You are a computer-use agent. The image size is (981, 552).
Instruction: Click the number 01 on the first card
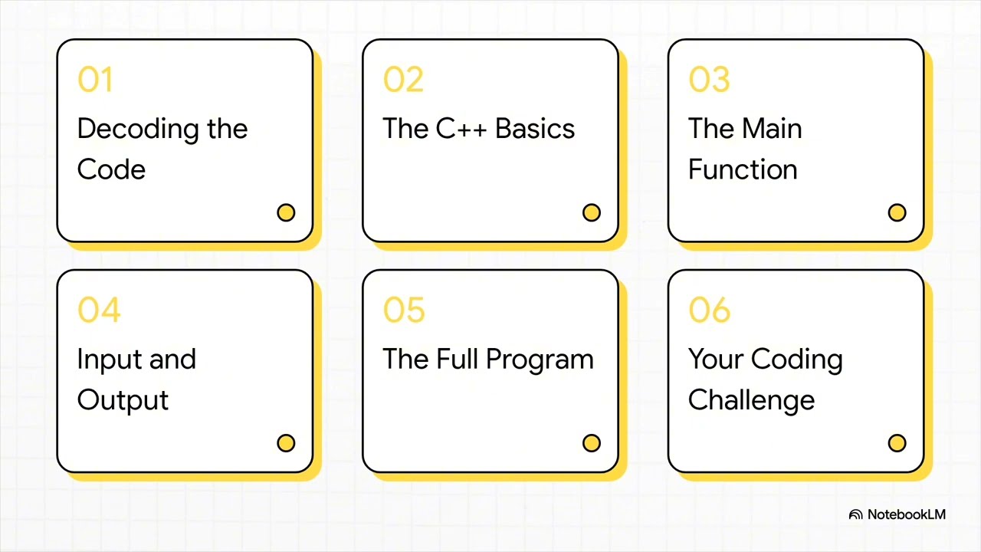pyautogui.click(x=95, y=80)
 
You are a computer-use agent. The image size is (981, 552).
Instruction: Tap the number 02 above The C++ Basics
pyautogui.click(x=403, y=80)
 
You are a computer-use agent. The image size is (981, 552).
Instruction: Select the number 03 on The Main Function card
pyautogui.click(x=709, y=80)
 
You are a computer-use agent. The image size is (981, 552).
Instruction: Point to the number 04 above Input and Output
pyautogui.click(x=99, y=310)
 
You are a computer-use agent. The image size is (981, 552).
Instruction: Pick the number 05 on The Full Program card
pyautogui.click(x=404, y=310)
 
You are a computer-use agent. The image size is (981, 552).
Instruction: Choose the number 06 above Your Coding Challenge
pyautogui.click(x=710, y=310)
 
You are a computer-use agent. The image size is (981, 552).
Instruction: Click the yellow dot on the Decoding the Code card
pyautogui.click(x=286, y=212)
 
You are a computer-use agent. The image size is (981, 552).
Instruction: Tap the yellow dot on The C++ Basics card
pyautogui.click(x=592, y=212)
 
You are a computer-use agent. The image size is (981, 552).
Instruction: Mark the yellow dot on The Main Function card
pyautogui.click(x=897, y=212)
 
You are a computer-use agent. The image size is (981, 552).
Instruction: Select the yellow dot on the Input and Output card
pyautogui.click(x=286, y=443)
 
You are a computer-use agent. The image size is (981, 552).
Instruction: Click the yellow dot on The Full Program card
pyautogui.click(x=592, y=443)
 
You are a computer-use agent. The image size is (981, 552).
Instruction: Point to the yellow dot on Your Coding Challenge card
pyautogui.click(x=897, y=443)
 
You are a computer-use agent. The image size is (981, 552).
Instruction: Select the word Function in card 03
pyautogui.click(x=743, y=169)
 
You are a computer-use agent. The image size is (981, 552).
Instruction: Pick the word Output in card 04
pyautogui.click(x=123, y=400)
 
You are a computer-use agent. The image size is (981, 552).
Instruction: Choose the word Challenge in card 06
pyautogui.click(x=751, y=400)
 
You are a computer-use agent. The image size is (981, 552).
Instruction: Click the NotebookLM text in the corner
pyautogui.click(x=907, y=514)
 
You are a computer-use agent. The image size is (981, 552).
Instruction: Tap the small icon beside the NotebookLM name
pyautogui.click(x=856, y=514)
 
